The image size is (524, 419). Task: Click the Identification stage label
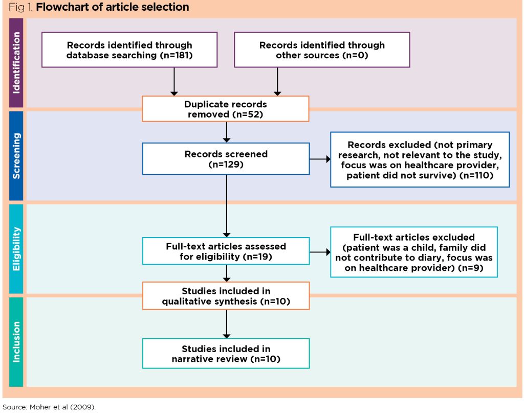click(16, 63)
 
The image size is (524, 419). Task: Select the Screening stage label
click(16, 156)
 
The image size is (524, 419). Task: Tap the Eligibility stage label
click(16, 249)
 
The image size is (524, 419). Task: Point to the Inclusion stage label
click(16, 341)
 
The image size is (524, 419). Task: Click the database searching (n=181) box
click(129, 50)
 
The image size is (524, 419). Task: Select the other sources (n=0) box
click(322, 50)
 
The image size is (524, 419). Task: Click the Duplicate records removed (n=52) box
click(225, 109)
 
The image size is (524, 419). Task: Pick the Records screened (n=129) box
click(225, 159)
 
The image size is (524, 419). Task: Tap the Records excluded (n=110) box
click(420, 159)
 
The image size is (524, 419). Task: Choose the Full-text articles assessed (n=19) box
click(225, 251)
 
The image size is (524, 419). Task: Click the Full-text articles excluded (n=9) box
click(413, 252)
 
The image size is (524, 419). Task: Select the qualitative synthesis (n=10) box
click(225, 296)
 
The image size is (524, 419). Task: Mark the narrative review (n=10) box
click(225, 354)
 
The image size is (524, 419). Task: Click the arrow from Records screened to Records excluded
click(320, 159)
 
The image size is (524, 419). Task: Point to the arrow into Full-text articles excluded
click(320, 252)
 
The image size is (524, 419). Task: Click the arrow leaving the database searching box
click(174, 81)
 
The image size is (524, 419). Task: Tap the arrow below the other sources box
click(277, 81)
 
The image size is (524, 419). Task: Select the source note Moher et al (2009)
click(49, 407)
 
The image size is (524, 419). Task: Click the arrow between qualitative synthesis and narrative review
click(226, 323)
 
